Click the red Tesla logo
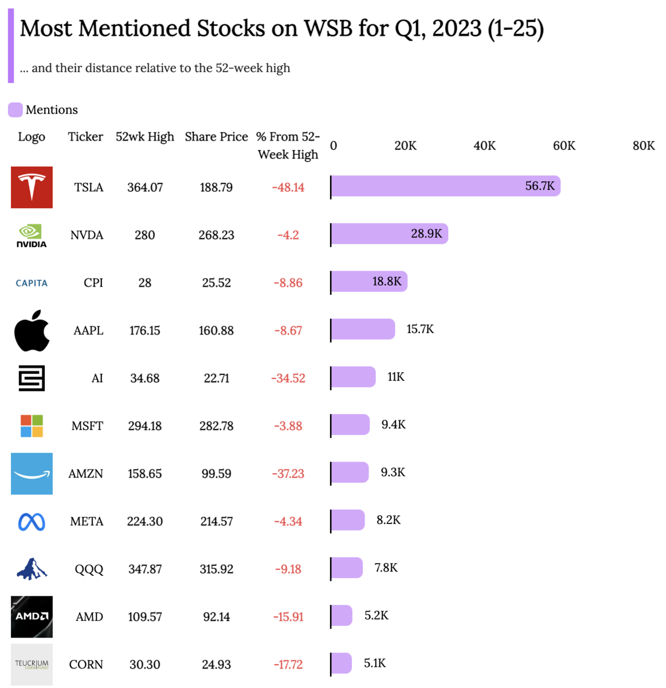coord(32,187)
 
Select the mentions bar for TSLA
coord(445,186)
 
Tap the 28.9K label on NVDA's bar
coord(426,234)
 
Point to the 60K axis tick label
coord(564,146)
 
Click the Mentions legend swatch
coord(15,110)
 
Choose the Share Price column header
coord(216,137)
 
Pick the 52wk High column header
coord(145,137)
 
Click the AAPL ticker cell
coord(88,331)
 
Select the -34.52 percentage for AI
coord(288,378)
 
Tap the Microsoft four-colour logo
coord(32,426)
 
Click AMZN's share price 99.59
coord(216,474)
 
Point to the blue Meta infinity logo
coord(32,522)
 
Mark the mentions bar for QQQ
coord(347,568)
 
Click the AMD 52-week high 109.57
coord(145,617)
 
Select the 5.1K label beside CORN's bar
coord(375,663)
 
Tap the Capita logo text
coord(32,283)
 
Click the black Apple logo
coord(32,331)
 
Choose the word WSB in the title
coord(328,28)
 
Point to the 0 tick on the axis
coord(334,146)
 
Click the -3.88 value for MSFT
coord(288,426)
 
